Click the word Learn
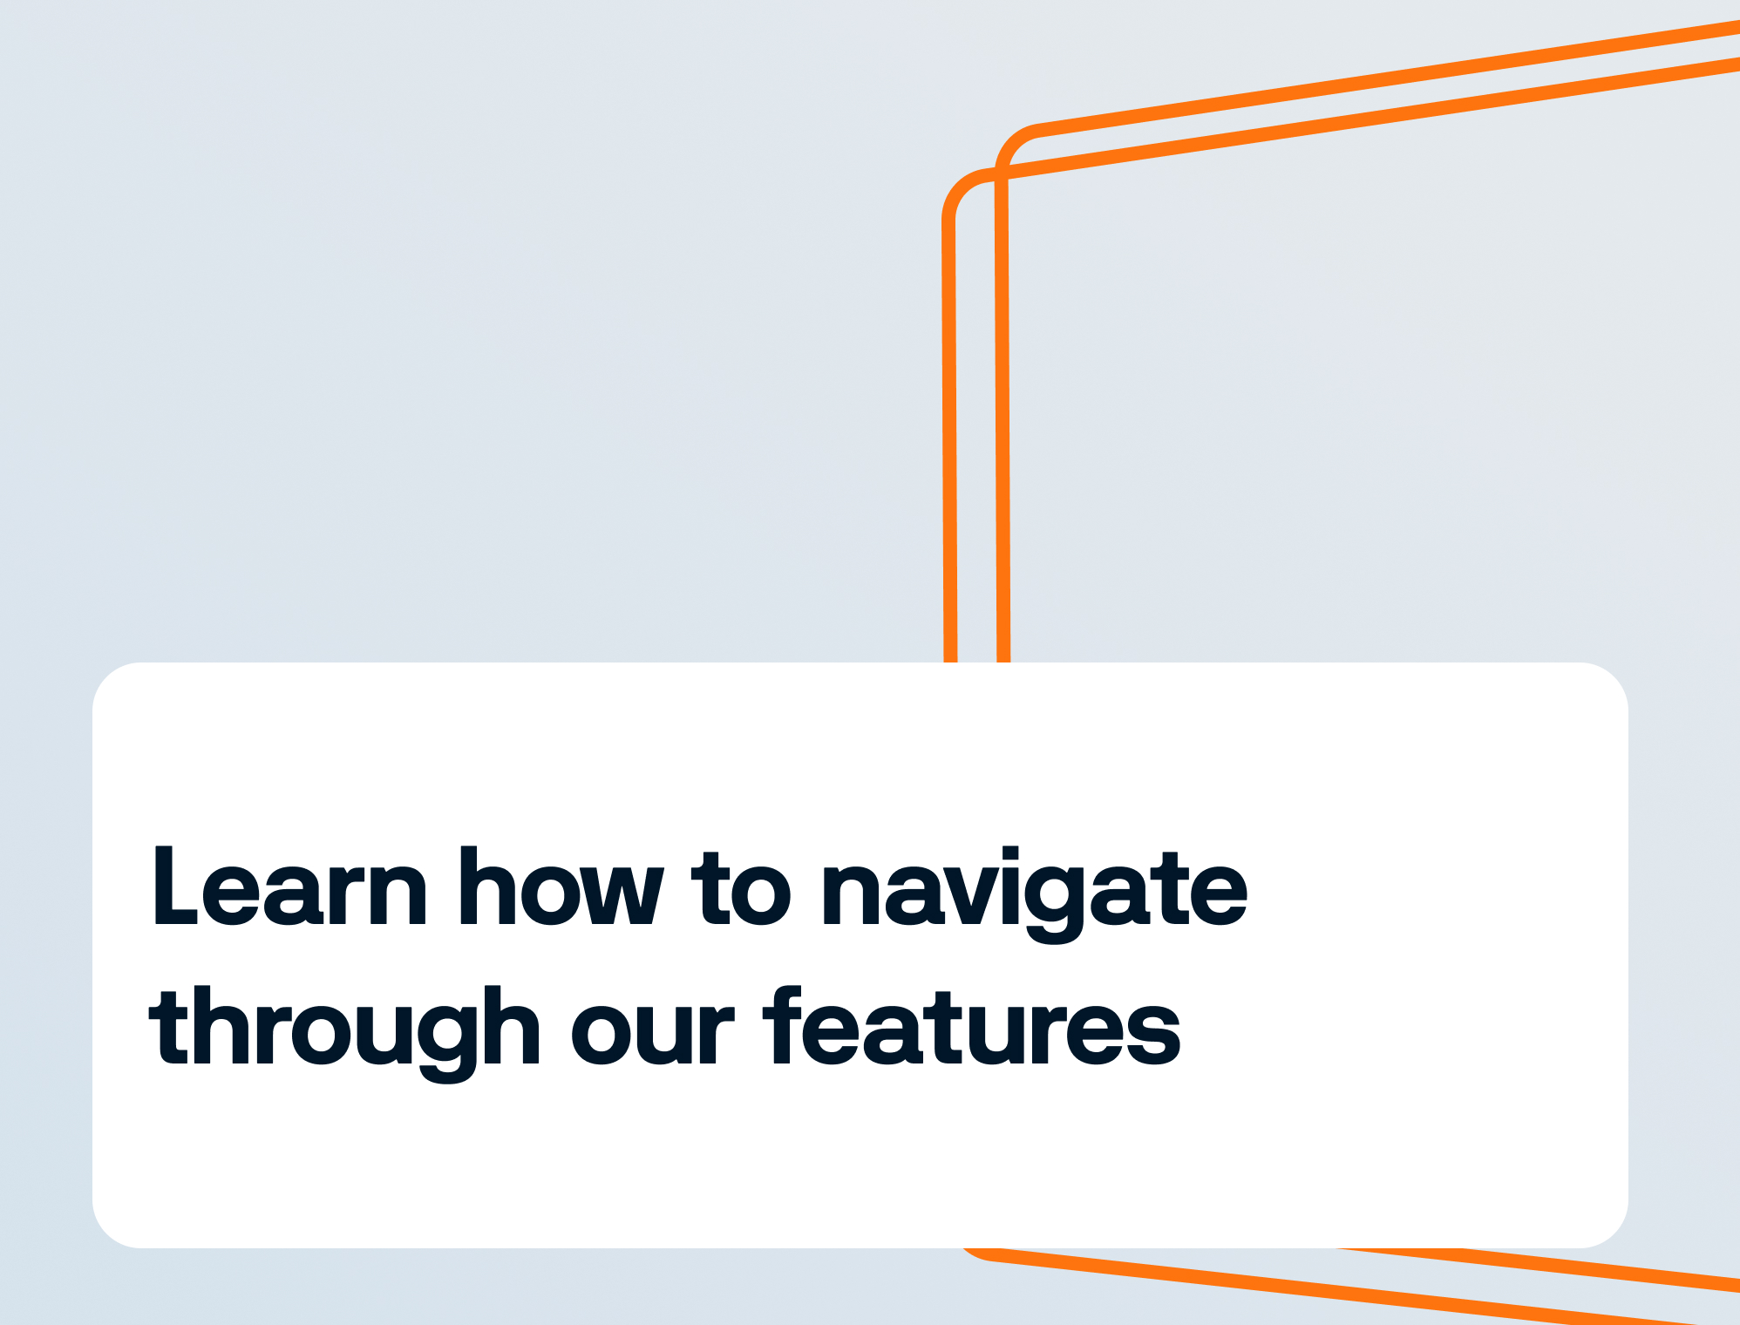click(290, 887)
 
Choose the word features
click(973, 1026)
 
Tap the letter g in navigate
click(1055, 907)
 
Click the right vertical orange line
click(1003, 418)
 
